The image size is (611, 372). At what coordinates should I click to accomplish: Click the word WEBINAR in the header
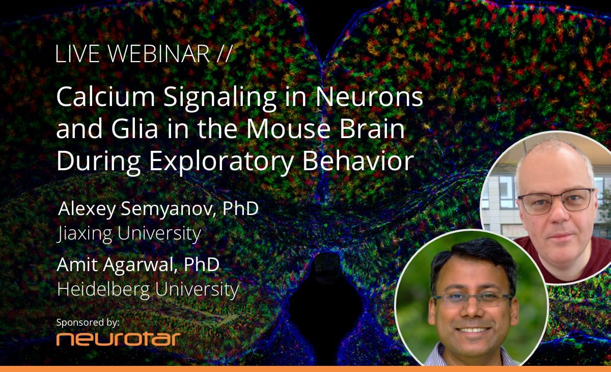(x=159, y=54)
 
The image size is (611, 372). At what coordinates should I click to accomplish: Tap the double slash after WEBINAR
(x=225, y=54)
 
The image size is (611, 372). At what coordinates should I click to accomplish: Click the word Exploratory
(x=221, y=162)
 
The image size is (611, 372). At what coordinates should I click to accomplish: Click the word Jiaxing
(x=85, y=234)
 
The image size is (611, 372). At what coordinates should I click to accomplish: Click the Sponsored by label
(x=88, y=323)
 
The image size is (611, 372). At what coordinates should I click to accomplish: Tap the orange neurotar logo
(x=118, y=339)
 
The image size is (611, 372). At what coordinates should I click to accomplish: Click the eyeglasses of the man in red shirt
(x=557, y=201)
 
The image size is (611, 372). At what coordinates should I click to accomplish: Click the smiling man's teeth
(x=473, y=330)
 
